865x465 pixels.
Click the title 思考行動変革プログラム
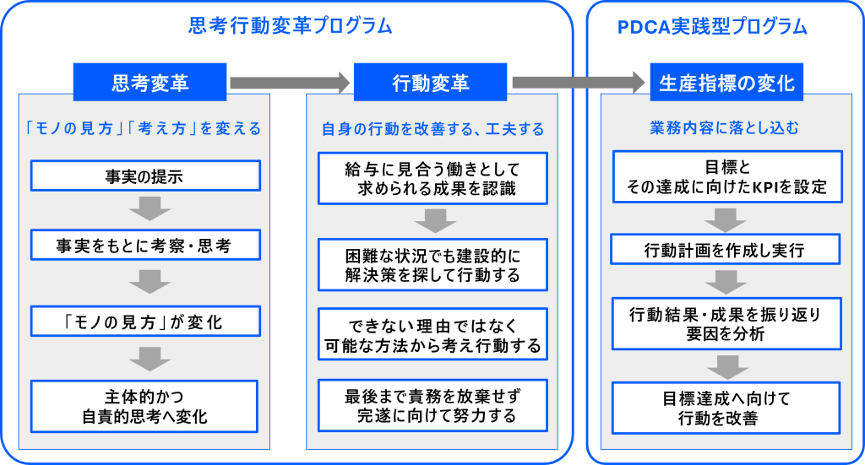click(x=289, y=26)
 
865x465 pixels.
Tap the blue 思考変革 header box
click(x=150, y=82)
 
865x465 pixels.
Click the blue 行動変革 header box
click(x=431, y=82)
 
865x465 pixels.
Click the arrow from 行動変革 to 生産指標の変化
click(x=578, y=82)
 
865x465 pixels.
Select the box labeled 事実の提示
click(x=144, y=176)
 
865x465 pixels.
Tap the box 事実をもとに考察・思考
click(x=144, y=246)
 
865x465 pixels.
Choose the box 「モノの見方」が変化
click(x=144, y=321)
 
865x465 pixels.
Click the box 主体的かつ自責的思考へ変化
click(x=144, y=406)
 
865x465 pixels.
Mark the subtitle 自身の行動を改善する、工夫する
click(x=432, y=130)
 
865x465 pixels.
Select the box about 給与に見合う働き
click(x=432, y=178)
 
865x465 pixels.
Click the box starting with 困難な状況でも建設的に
click(x=432, y=265)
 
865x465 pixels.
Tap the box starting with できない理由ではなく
click(x=432, y=335)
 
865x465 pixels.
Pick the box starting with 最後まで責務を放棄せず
click(x=432, y=406)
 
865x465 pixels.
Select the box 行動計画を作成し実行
click(x=725, y=250)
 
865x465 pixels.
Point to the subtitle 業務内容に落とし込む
click(x=725, y=128)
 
